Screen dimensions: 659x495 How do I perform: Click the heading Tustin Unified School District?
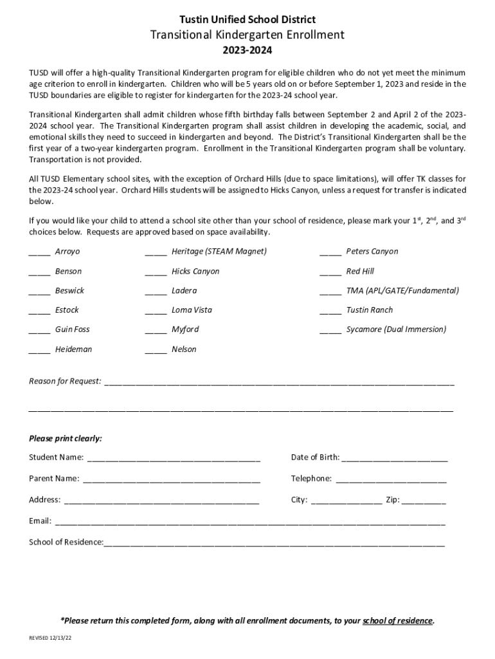[x=248, y=20]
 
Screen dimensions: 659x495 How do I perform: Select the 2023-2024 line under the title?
[x=248, y=50]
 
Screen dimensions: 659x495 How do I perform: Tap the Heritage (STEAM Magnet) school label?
[x=219, y=252]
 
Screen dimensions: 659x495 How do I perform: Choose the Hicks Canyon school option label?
[x=195, y=272]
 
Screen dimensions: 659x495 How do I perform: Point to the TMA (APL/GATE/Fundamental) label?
[x=402, y=291]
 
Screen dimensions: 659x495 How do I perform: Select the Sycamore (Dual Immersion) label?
[x=396, y=329]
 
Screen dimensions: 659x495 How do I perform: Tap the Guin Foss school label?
[x=73, y=329]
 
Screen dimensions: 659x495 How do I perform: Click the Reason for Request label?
[x=65, y=382]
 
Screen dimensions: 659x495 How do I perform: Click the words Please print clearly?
[x=66, y=439]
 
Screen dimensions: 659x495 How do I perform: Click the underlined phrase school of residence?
[x=397, y=621]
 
